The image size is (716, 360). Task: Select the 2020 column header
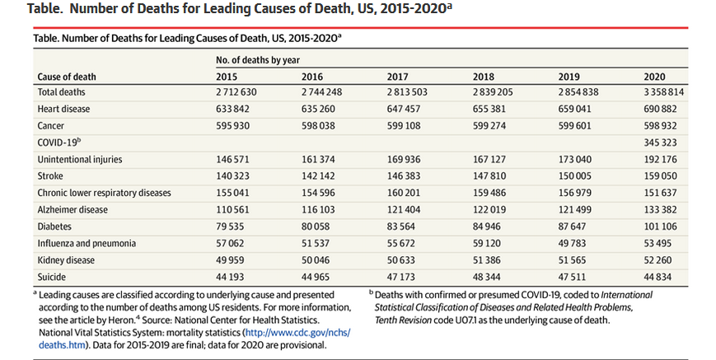pyautogui.click(x=654, y=77)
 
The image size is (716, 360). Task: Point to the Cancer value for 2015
pyautogui.click(x=234, y=126)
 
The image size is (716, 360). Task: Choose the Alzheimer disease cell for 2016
pyautogui.click(x=320, y=210)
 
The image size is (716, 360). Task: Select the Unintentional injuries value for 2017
pyautogui.click(x=405, y=159)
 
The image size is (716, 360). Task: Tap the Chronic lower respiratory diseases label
pyautogui.click(x=104, y=193)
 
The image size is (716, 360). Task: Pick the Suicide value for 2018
pyautogui.click(x=489, y=277)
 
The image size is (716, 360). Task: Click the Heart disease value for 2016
pyautogui.click(x=320, y=109)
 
